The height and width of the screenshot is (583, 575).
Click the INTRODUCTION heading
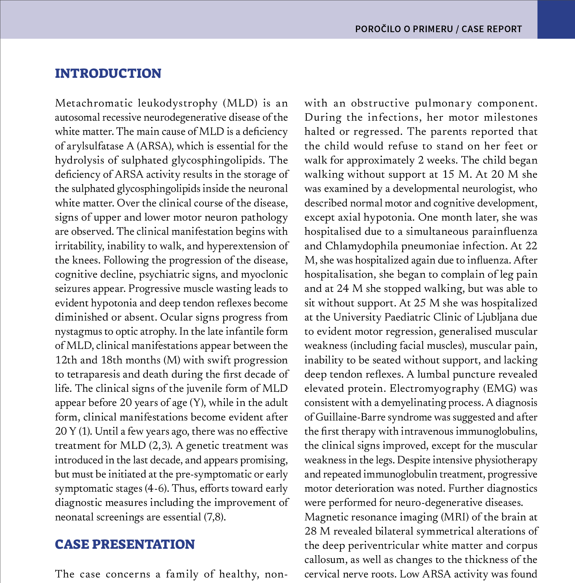pos(108,74)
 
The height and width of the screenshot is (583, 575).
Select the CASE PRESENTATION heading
pos(125,544)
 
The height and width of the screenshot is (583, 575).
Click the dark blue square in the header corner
pos(556,19)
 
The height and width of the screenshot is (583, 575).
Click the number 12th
pos(66,360)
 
